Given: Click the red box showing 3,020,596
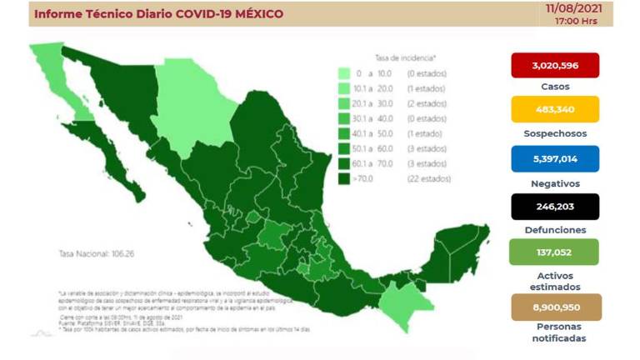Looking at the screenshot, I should tap(554, 66).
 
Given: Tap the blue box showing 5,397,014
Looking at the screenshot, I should tap(554, 158).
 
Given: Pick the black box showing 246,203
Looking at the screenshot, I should tap(554, 206).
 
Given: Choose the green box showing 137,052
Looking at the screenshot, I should tap(554, 252).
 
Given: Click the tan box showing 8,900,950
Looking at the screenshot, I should tap(554, 307).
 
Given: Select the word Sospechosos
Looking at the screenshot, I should tap(554, 133).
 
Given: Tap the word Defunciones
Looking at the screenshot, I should tap(554, 229).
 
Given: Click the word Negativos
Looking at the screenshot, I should tap(554, 182).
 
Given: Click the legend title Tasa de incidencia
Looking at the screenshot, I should tap(405, 58).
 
